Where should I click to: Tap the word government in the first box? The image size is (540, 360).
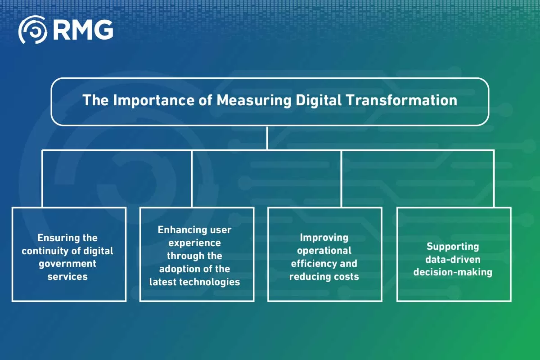[x=67, y=263]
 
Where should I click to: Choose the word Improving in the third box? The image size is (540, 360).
[x=324, y=238]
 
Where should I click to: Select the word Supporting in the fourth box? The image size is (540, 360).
[x=453, y=246]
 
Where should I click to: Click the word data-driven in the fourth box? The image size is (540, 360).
[x=453, y=259]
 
